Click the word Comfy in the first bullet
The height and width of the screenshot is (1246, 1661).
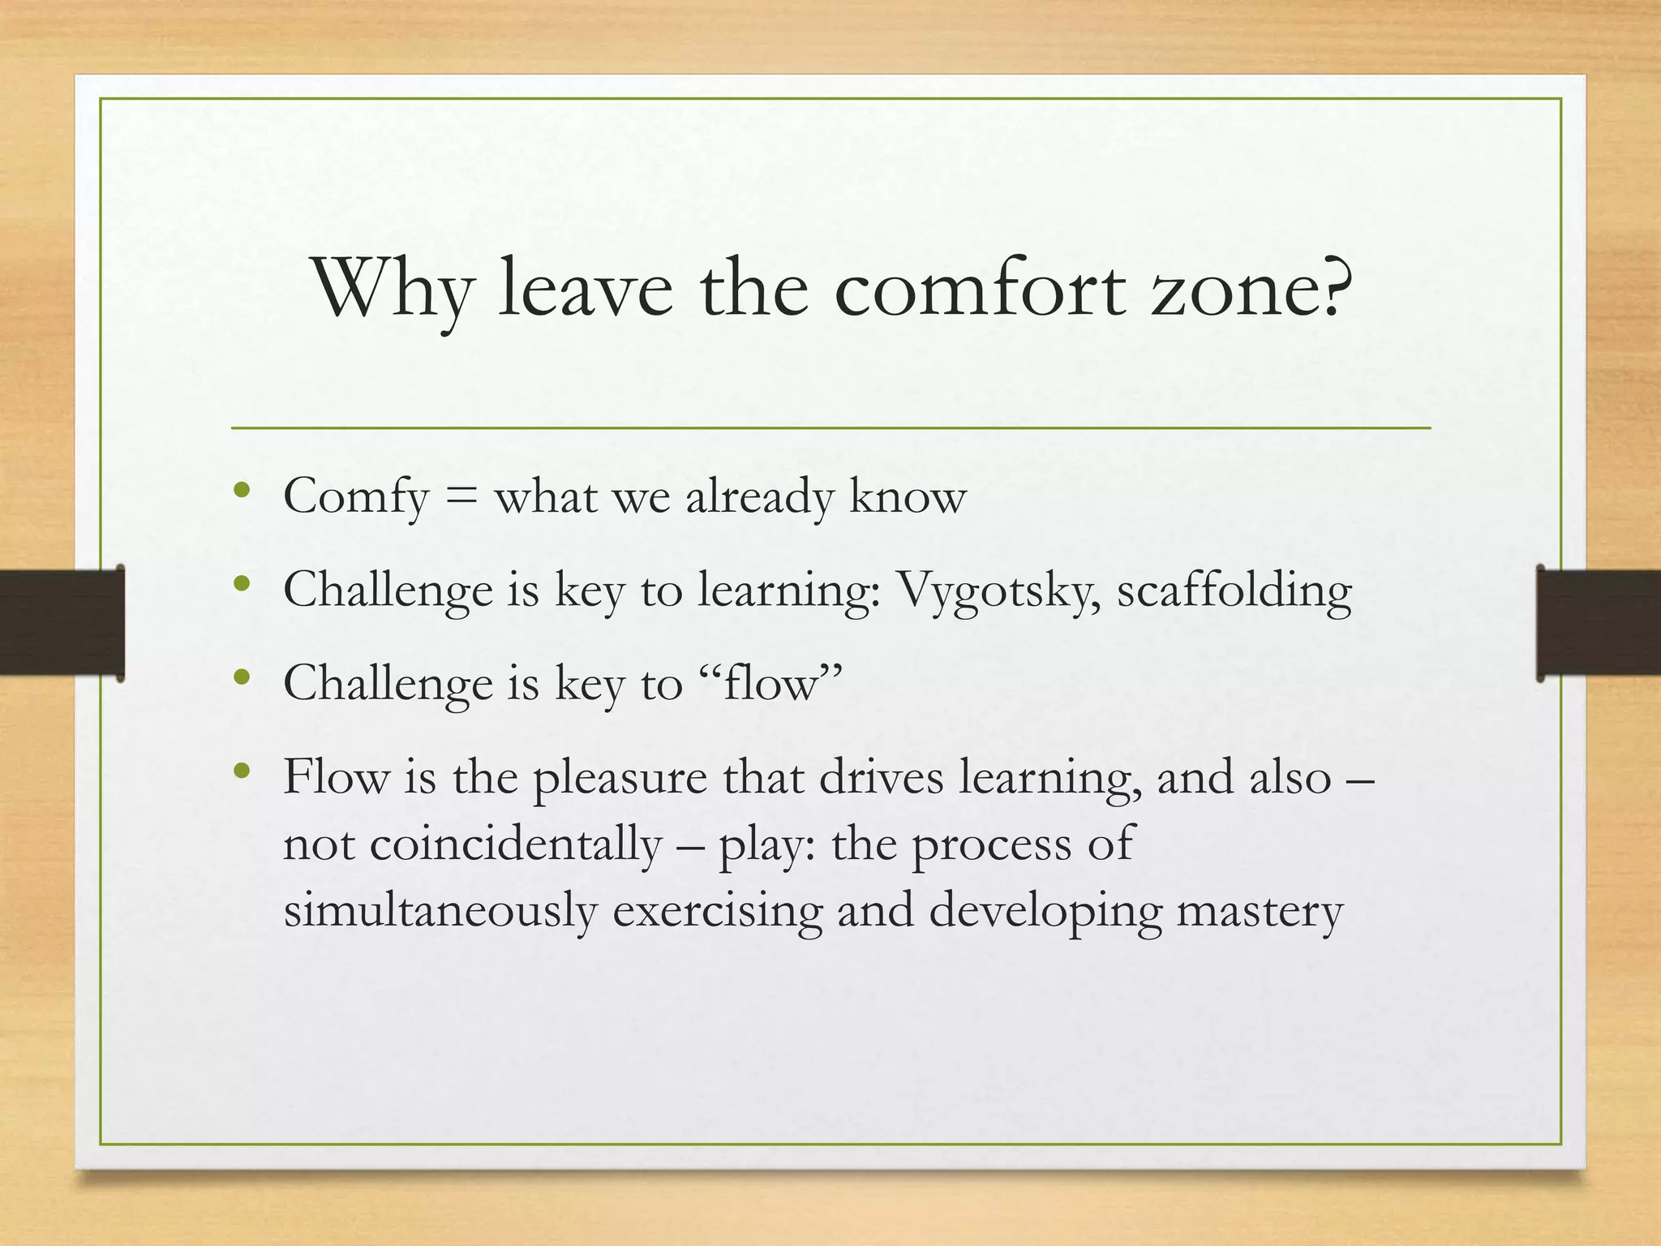click(x=355, y=497)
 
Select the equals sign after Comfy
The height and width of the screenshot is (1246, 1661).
click(x=461, y=497)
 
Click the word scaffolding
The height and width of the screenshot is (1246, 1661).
click(x=1234, y=590)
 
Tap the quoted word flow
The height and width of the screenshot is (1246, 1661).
click(x=770, y=683)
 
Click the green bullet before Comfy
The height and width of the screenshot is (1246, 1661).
click(x=241, y=490)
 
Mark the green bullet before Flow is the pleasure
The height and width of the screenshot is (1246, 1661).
click(x=241, y=771)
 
